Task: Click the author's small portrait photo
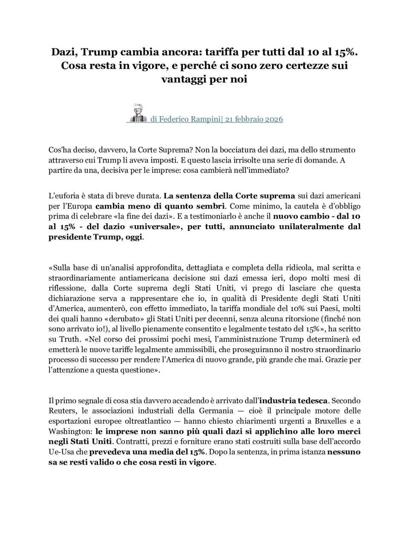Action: pyautogui.click(x=138, y=113)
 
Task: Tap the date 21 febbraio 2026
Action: pyautogui.click(x=254, y=119)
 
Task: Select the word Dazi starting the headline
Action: pyautogui.click(x=65, y=52)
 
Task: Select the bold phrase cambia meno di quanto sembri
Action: pyautogui.click(x=160, y=206)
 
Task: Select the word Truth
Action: pyautogui.click(x=69, y=339)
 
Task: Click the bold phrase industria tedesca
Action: pyautogui.click(x=294, y=401)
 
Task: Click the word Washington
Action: pyautogui.click(x=70, y=431)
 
